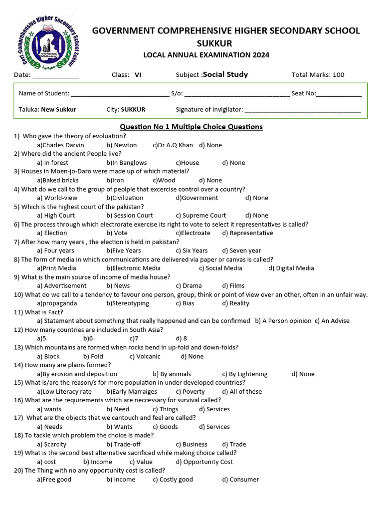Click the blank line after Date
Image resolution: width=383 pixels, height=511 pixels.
click(55, 76)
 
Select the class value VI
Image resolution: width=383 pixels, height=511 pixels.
click(138, 75)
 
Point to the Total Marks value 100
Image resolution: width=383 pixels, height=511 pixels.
click(338, 75)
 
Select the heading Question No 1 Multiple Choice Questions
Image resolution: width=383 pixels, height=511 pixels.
click(191, 127)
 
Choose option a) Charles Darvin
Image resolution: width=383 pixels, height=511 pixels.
click(60, 145)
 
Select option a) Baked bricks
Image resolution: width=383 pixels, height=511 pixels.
click(58, 180)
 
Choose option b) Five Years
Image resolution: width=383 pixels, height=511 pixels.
click(124, 251)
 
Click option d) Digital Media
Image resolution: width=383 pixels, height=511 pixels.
click(291, 268)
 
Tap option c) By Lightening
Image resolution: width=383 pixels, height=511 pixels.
click(245, 374)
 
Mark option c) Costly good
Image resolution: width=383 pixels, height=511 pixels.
click(173, 480)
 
